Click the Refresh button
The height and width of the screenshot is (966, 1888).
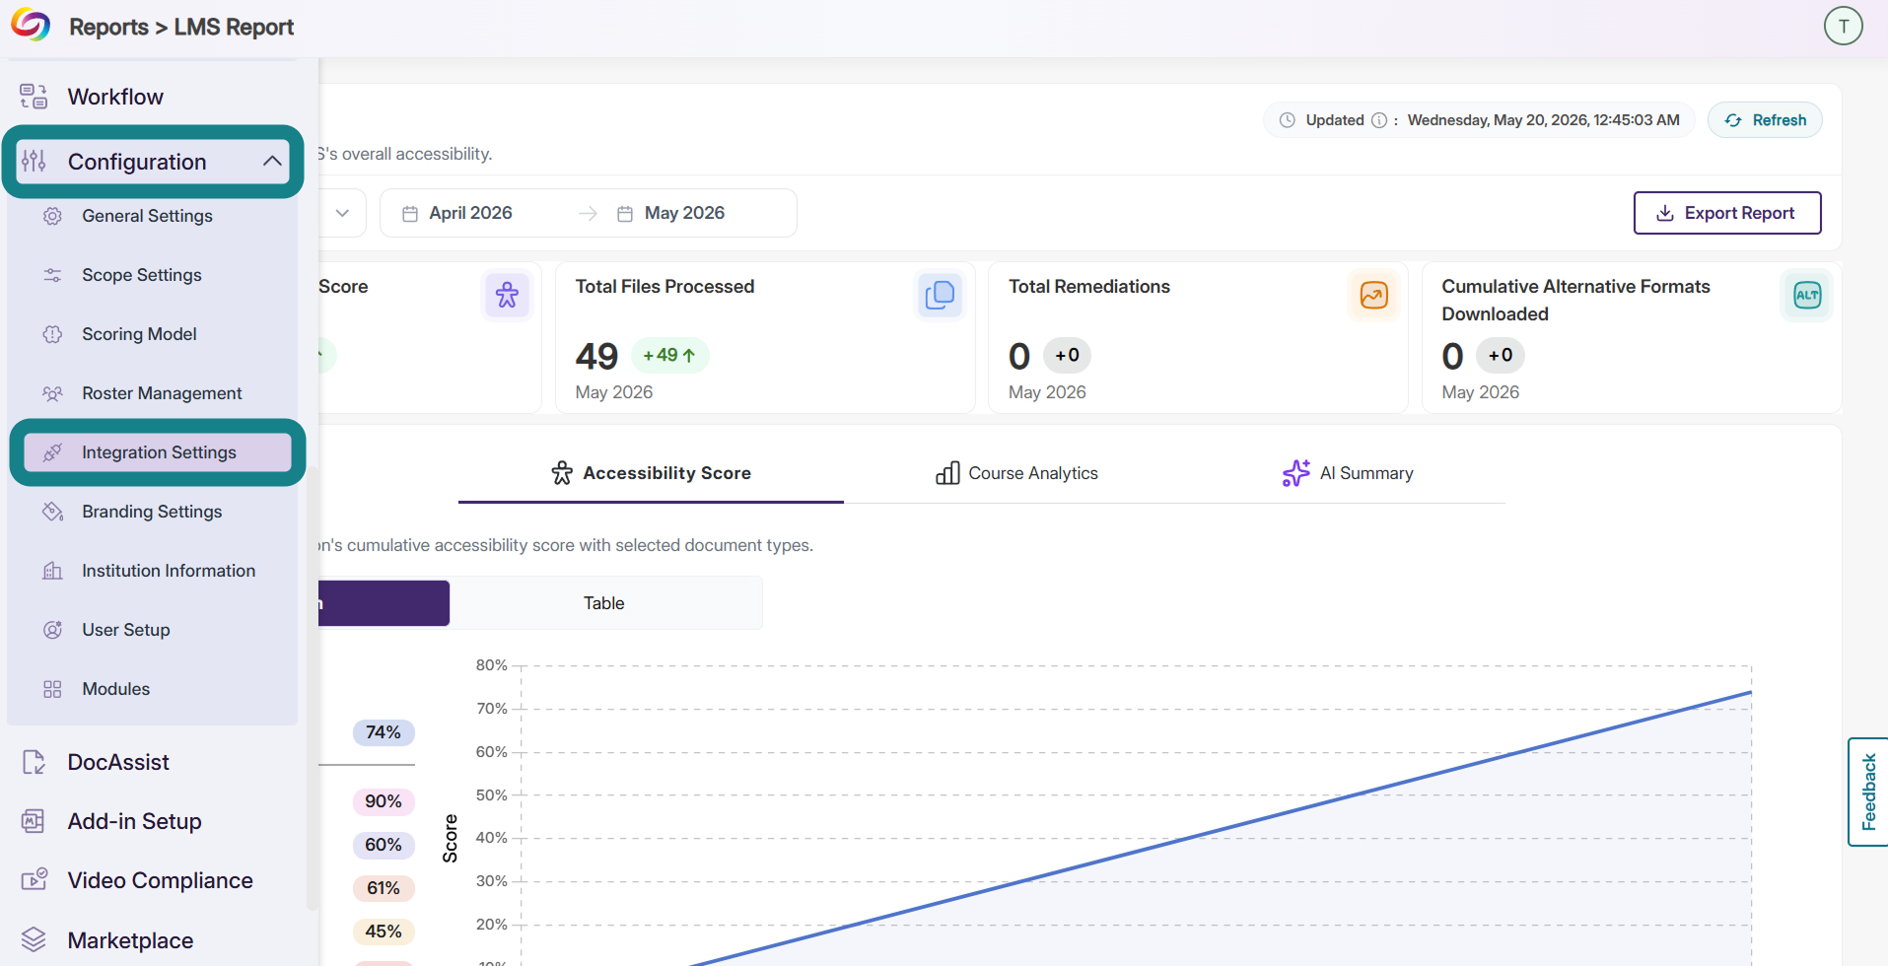(x=1765, y=120)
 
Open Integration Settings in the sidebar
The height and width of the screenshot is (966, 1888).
(x=158, y=452)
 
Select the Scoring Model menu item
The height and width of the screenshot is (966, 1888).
(x=139, y=334)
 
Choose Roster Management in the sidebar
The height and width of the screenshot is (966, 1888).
(x=162, y=393)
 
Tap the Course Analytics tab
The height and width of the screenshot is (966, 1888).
(x=1016, y=473)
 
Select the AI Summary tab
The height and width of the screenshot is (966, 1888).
(x=1348, y=473)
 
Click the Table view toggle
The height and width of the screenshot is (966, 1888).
(x=604, y=603)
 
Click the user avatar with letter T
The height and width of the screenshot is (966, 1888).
(x=1843, y=27)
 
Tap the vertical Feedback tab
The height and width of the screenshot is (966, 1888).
(x=1868, y=792)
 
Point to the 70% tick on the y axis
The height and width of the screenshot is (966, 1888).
(x=491, y=709)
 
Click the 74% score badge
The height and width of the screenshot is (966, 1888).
(x=384, y=732)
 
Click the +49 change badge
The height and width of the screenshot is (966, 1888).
(x=669, y=355)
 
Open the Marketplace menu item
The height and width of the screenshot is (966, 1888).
(x=130, y=940)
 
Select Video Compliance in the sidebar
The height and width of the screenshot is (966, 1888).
(x=160, y=880)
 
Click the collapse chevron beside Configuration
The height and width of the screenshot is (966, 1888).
(x=272, y=161)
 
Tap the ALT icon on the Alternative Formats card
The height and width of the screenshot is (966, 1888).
(x=1807, y=295)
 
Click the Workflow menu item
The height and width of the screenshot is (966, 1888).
(x=115, y=97)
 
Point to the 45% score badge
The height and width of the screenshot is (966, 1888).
(x=384, y=931)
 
